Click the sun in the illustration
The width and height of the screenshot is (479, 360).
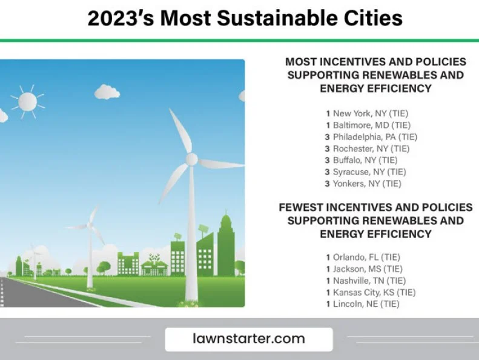27,102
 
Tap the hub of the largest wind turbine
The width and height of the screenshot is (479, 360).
191,159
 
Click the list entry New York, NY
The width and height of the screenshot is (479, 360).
367,113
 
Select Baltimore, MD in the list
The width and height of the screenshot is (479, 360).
368,125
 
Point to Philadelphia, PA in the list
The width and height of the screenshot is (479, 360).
371,137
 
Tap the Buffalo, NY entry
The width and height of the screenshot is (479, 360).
361,160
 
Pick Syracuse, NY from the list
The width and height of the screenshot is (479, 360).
365,172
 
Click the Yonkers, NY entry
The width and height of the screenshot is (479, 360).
363,184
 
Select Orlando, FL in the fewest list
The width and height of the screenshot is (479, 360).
363,257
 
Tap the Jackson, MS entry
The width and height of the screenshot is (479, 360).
364,269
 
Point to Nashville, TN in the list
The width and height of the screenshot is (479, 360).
366,281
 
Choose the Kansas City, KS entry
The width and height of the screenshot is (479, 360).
371,292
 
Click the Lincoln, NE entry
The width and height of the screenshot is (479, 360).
363,304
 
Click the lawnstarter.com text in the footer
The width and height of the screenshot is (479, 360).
249,339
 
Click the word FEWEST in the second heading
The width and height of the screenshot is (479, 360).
300,207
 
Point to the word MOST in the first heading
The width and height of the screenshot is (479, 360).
300,62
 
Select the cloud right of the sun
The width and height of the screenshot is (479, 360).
107,92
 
